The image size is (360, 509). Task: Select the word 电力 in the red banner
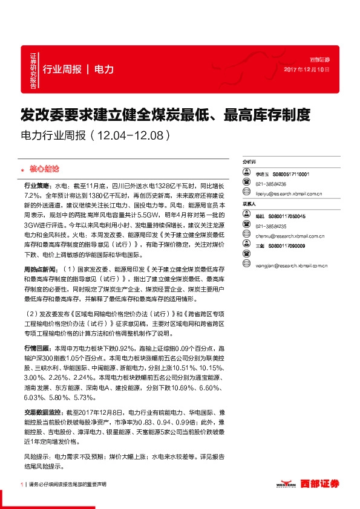pos(104,70)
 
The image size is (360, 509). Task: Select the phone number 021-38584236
pos(270,184)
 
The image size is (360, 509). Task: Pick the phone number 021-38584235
pos(270,225)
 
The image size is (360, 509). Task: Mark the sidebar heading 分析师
pos(249,163)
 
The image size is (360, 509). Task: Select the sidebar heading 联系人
pos(249,204)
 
